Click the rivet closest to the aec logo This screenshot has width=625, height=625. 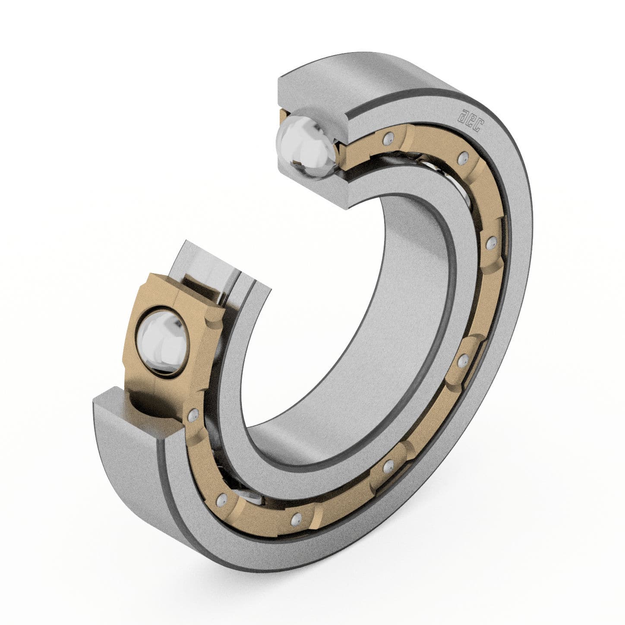pyautogui.click(x=464, y=156)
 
